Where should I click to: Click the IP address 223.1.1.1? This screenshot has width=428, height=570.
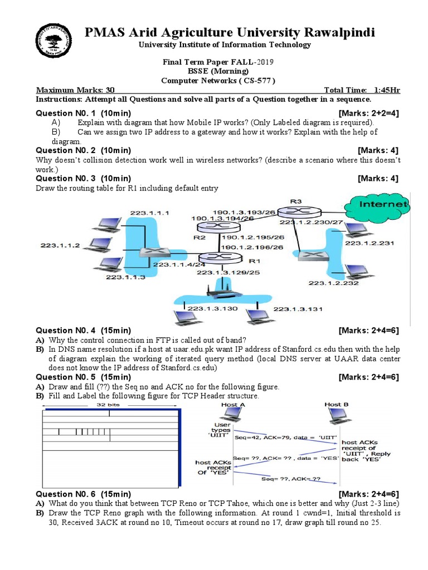[149, 213]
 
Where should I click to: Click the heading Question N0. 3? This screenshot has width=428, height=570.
[84, 179]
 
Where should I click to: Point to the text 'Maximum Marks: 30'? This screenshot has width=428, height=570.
[75, 91]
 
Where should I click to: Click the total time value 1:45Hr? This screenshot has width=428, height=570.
[386, 91]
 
